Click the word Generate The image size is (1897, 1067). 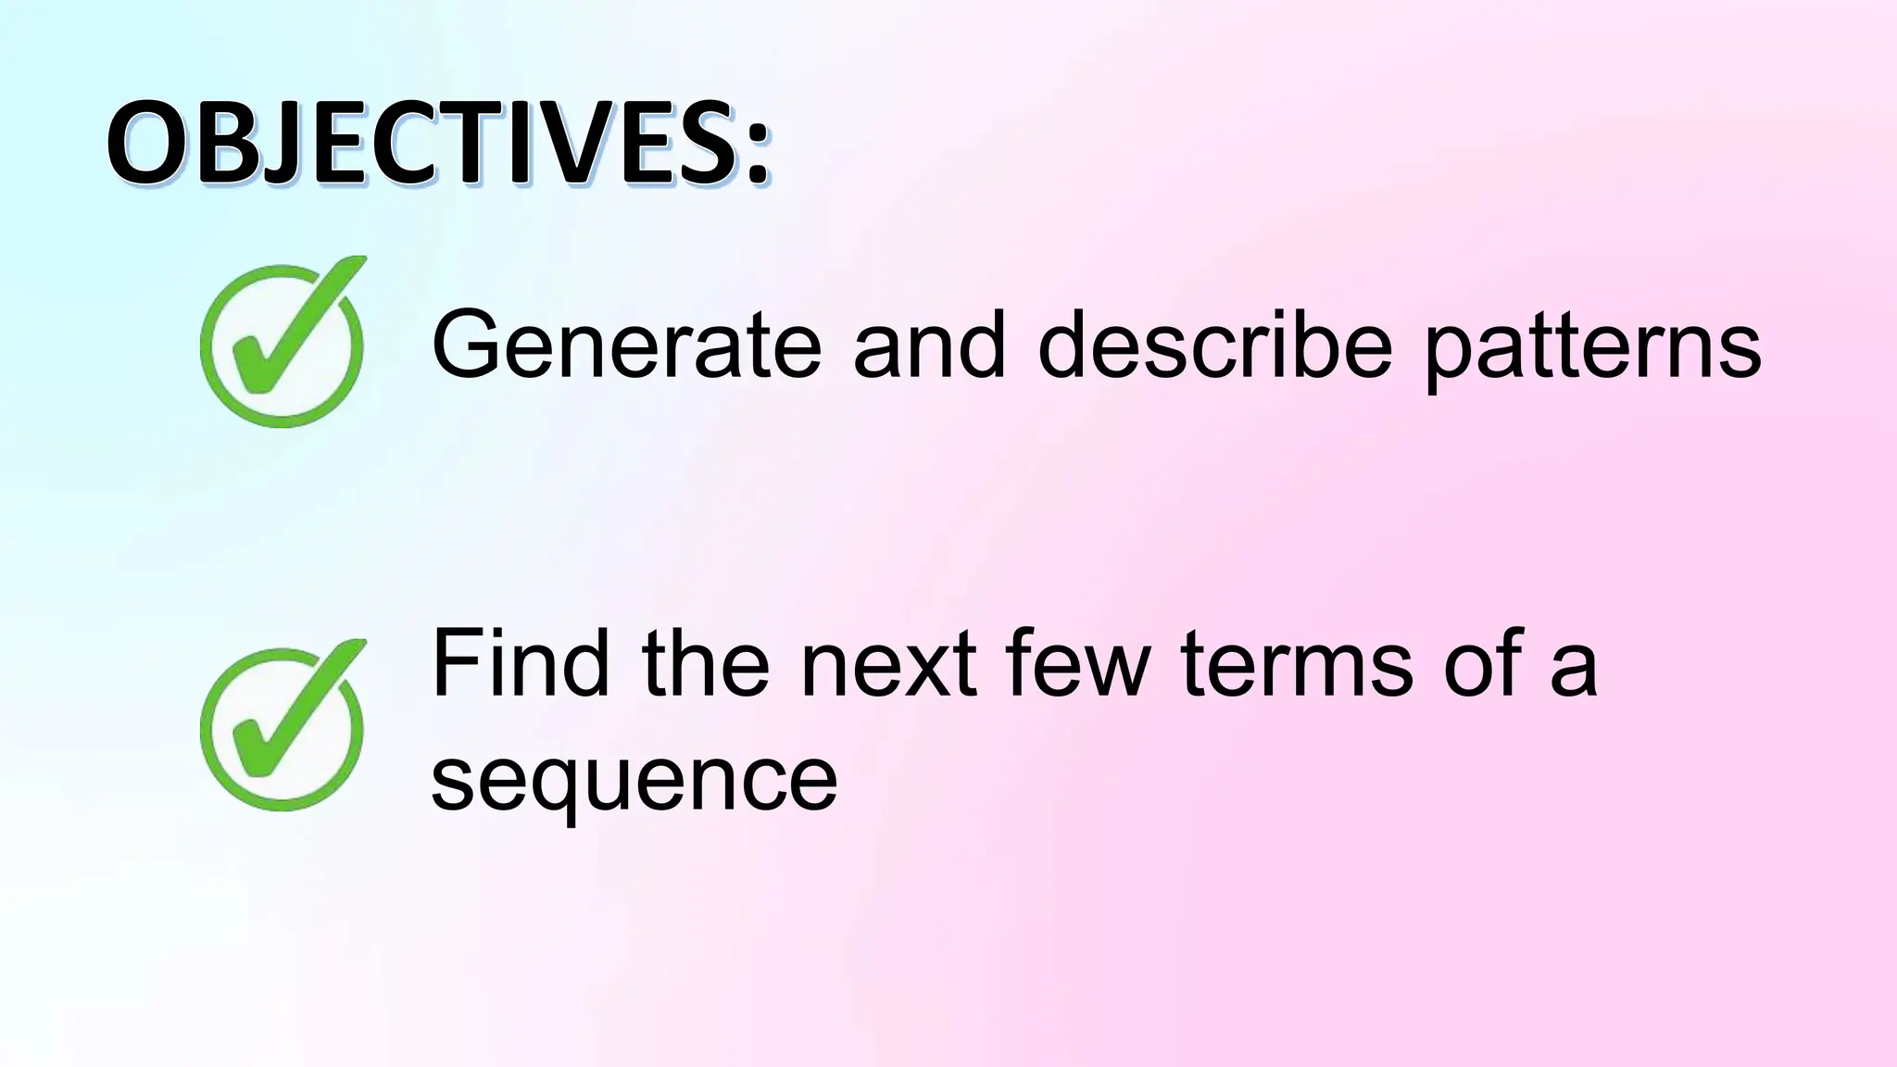626,345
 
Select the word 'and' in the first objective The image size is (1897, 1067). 928,345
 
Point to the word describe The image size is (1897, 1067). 1214,345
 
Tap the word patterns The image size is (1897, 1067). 1591,348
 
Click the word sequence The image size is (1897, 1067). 634,783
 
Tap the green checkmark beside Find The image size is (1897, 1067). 283,725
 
